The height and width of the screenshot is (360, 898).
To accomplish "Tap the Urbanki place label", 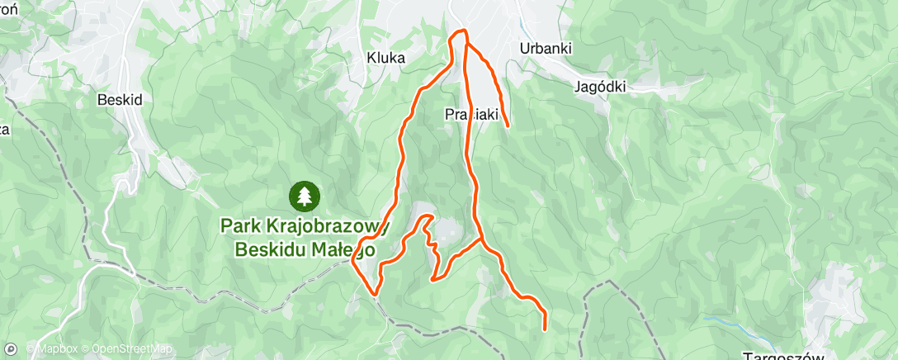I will [546, 48].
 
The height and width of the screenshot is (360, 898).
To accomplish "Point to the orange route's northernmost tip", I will [460, 31].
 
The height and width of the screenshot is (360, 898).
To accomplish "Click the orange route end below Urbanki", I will [506, 126].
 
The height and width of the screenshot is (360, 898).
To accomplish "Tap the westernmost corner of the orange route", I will [352, 261].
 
